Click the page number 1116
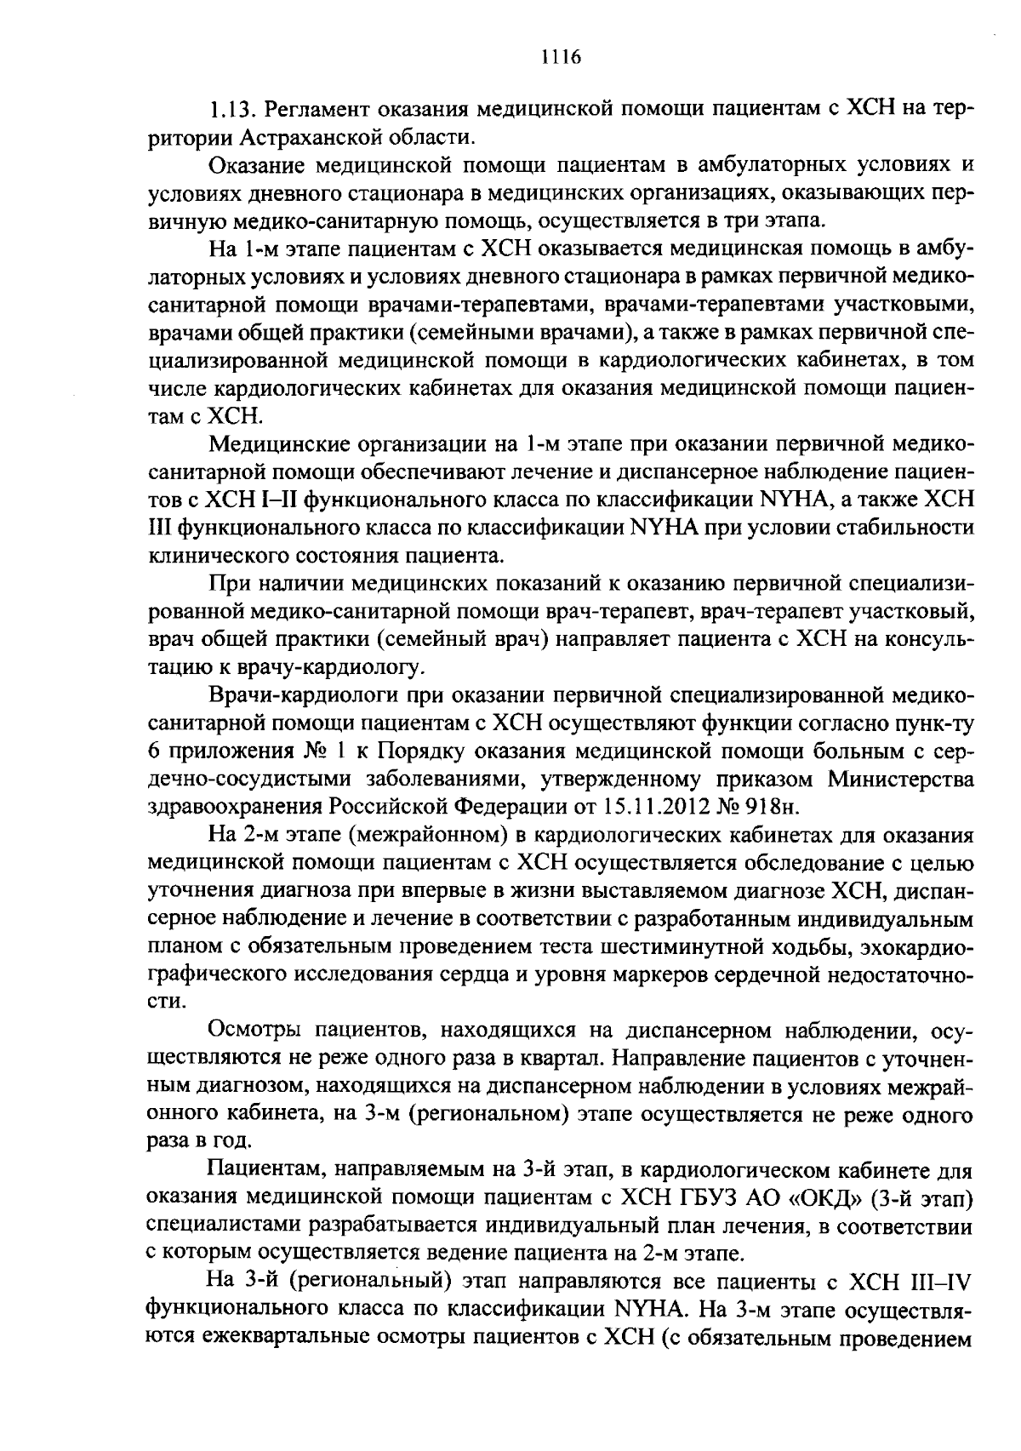(x=560, y=57)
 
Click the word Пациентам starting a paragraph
(x=260, y=1172)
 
